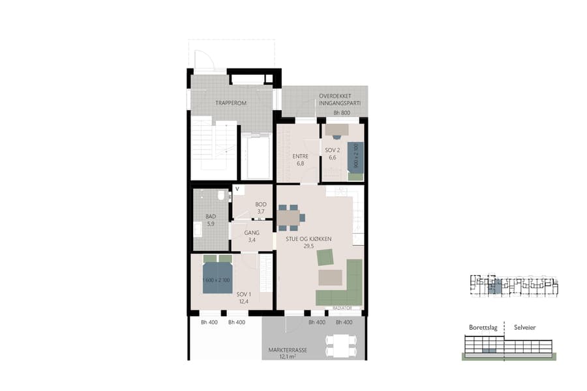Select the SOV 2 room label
click(331, 154)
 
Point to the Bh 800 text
click(342, 113)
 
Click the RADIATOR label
click(342, 308)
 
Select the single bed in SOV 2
click(355, 160)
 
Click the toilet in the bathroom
click(222, 195)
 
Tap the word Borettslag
click(483, 327)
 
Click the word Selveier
click(524, 327)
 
